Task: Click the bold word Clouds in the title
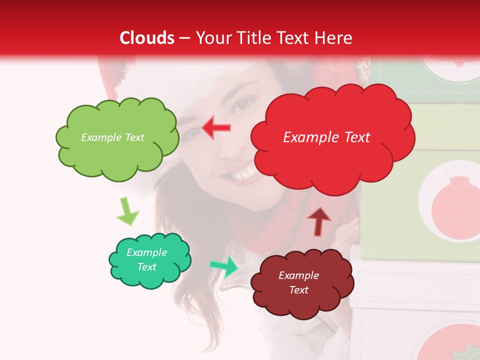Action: (147, 38)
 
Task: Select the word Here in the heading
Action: (334, 38)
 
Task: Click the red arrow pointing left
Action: (216, 127)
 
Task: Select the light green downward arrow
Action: (127, 212)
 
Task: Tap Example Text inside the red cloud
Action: (326, 137)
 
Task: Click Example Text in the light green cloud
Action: (112, 137)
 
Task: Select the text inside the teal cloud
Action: (147, 260)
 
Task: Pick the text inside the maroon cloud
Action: (299, 282)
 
